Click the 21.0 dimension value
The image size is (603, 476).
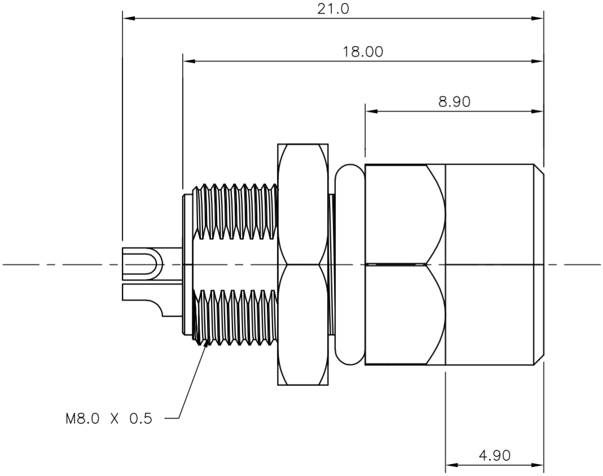point(333,10)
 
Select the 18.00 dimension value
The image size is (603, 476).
point(363,52)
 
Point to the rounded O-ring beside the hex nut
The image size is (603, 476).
point(349,265)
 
